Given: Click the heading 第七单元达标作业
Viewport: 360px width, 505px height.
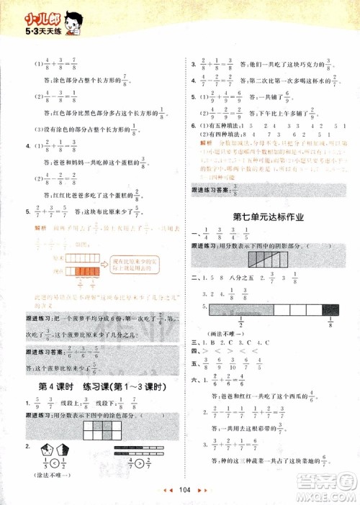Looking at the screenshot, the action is coord(267,216).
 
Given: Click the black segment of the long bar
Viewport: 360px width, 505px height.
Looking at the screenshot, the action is coord(332,309).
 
